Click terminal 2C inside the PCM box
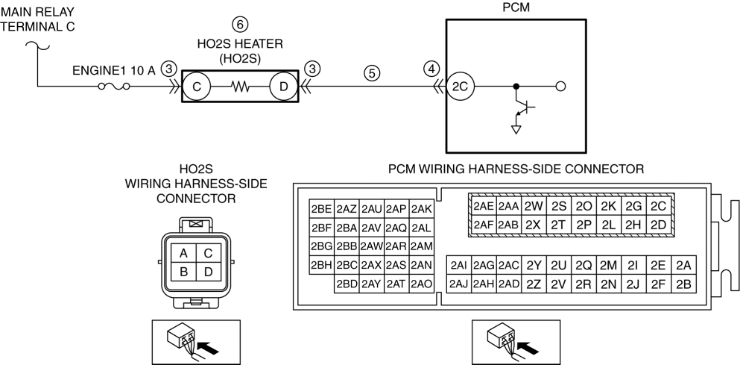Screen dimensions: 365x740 coord(459,87)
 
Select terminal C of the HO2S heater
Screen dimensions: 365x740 coord(196,87)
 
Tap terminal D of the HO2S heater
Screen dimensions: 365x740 coord(283,87)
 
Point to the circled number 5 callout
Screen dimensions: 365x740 coord(371,73)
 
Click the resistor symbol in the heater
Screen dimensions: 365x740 coord(239,87)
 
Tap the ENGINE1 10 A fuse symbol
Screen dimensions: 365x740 coord(115,87)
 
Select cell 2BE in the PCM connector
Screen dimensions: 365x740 coord(322,209)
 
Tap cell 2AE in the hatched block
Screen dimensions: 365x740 coord(484,206)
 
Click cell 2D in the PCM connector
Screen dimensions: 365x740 coord(657,224)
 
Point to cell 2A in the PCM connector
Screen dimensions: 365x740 coord(683,264)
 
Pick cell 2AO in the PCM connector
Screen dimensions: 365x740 coord(421,283)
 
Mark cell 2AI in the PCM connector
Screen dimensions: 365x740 coord(459,264)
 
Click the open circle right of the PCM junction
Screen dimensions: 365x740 coord(562,87)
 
